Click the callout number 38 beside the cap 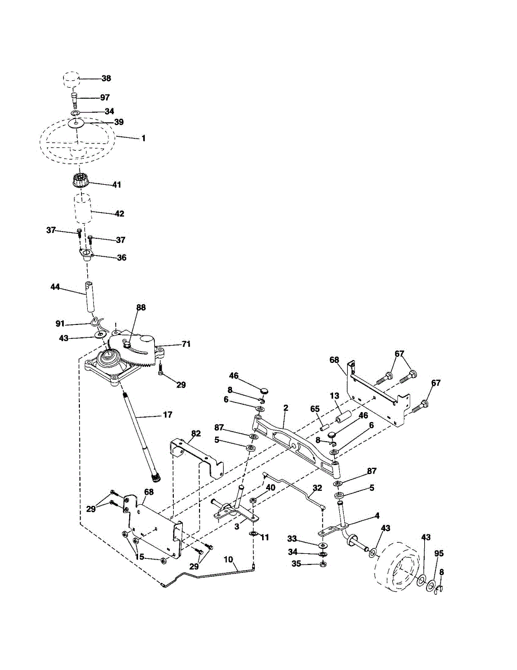click(x=106, y=78)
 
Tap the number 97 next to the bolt click(x=105, y=98)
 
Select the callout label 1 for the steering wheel click(x=143, y=138)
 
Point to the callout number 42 click(x=119, y=214)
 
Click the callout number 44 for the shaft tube click(x=55, y=287)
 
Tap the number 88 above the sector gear click(x=141, y=308)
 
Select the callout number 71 click(x=186, y=344)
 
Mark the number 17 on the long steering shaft click(x=167, y=415)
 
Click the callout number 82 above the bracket click(x=196, y=433)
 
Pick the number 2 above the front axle click(x=286, y=408)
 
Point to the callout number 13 click(x=334, y=396)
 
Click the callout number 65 click(x=315, y=409)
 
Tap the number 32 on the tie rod click(x=317, y=488)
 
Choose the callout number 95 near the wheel click(x=439, y=553)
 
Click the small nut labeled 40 click(x=253, y=500)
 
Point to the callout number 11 click(x=264, y=538)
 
